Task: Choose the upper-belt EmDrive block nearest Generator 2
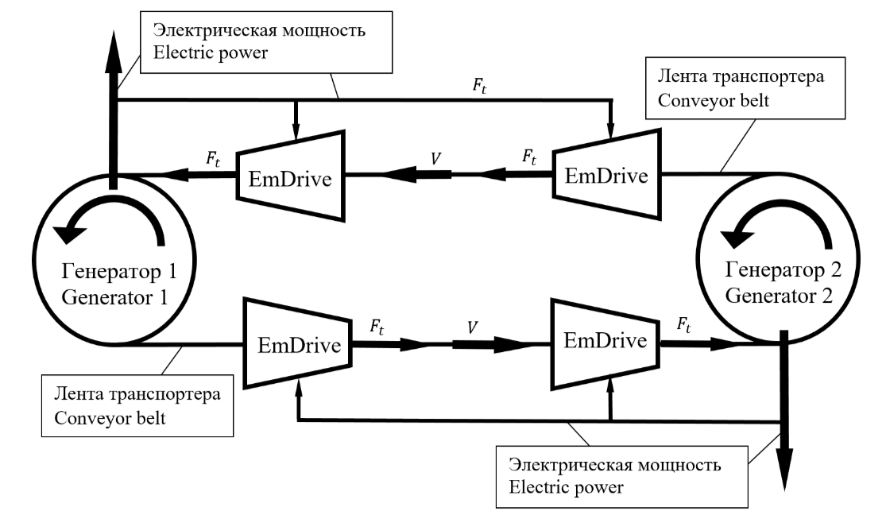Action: (x=606, y=174)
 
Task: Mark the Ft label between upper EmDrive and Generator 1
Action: (x=212, y=158)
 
